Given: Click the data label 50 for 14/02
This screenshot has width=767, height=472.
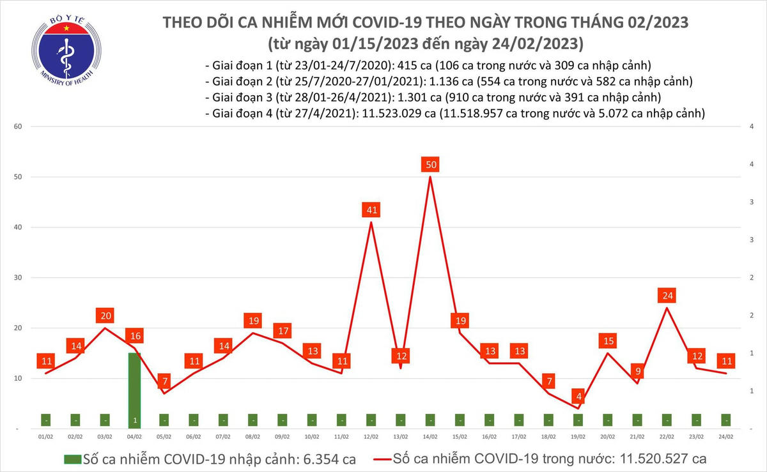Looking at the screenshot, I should [431, 165].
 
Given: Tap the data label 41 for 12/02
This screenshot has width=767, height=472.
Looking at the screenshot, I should [371, 209].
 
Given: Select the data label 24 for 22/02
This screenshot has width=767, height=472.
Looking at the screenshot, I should [667, 296].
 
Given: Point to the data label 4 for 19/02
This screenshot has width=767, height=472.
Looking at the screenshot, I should [578, 397].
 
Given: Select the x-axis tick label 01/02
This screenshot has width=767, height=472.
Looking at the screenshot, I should [45, 438].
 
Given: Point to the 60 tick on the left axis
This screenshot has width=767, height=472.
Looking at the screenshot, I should [19, 126].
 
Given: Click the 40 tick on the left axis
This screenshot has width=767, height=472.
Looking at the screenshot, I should [19, 227].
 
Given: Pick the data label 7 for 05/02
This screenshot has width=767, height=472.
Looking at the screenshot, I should [164, 381].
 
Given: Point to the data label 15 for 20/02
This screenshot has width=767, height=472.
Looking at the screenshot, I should [608, 341].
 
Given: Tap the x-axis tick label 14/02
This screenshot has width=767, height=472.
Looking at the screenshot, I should [430, 438].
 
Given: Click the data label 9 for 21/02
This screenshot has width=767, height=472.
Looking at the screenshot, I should [637, 371].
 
